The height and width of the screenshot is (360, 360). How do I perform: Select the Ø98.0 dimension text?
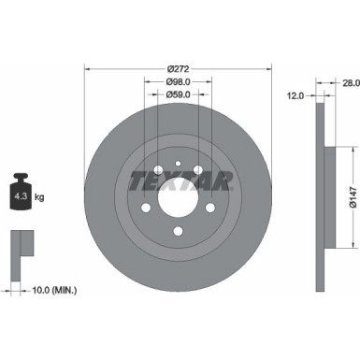click(x=174, y=81)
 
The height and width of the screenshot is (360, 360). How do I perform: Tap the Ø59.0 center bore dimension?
click(x=174, y=94)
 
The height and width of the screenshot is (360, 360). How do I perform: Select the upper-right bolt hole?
click(x=199, y=169)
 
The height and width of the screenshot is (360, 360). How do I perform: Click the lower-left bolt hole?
click(x=139, y=209)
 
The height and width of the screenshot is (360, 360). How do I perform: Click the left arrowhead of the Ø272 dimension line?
click(x=87, y=69)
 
